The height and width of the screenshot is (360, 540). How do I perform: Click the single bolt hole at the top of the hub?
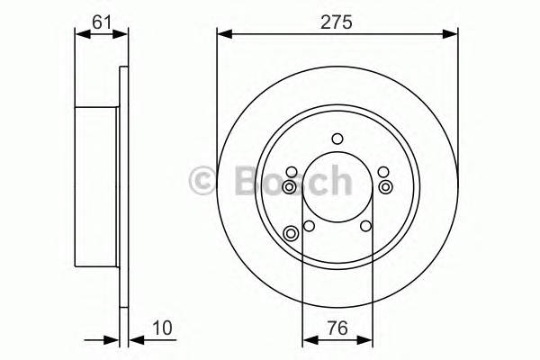337,138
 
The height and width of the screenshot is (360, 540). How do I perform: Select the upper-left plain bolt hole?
291,172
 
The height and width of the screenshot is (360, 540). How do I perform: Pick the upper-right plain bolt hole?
383,172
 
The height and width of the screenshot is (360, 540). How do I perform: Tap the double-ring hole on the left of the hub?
289,186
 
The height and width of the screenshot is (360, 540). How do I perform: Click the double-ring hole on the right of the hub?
385,186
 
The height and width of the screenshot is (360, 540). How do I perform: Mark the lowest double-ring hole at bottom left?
291,235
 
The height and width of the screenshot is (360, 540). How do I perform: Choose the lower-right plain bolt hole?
365,226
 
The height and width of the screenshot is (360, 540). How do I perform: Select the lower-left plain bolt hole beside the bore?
309,226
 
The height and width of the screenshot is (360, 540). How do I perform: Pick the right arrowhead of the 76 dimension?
367,341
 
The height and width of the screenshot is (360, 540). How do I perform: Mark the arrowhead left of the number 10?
136,341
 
